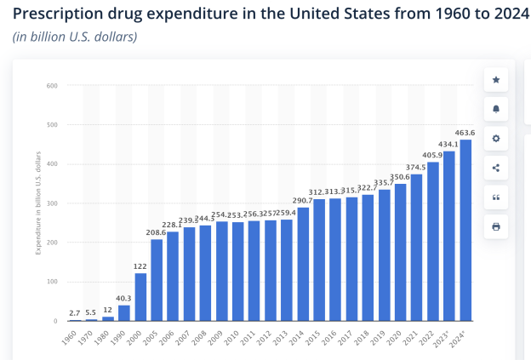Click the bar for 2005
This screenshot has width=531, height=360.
pos(157,280)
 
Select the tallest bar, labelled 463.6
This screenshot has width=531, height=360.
pos(465,230)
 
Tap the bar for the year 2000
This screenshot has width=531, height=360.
pos(140,297)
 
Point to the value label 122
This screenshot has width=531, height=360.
pos(140,266)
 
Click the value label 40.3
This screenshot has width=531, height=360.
pos(123,298)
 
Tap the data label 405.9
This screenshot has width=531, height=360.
pos(433,155)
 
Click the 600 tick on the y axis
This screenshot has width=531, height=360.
pos(52,85)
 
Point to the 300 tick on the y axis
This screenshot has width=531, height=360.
pos(52,203)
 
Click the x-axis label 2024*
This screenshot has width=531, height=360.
pos(463,337)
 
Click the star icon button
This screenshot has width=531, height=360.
pos(496,79)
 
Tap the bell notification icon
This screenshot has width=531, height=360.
pos(496,109)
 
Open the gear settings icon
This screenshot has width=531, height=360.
pos(496,138)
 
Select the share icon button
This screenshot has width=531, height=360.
pos(496,168)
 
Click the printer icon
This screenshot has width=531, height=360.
pos(496,226)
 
